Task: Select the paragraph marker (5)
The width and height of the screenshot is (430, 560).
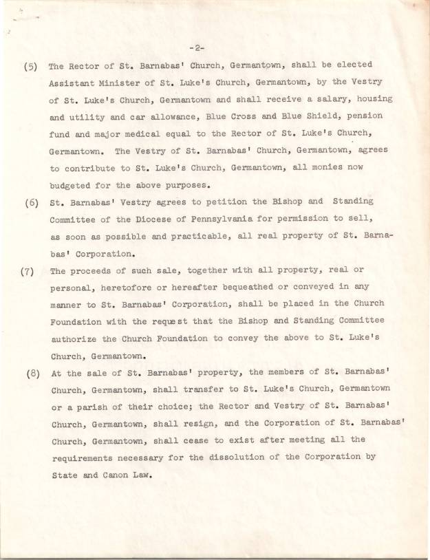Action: tap(31, 67)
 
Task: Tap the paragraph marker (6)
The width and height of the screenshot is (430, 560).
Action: tap(32, 202)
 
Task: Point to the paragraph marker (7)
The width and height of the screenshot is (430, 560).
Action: tap(29, 270)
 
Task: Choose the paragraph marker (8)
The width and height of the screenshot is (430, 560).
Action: tap(33, 374)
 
